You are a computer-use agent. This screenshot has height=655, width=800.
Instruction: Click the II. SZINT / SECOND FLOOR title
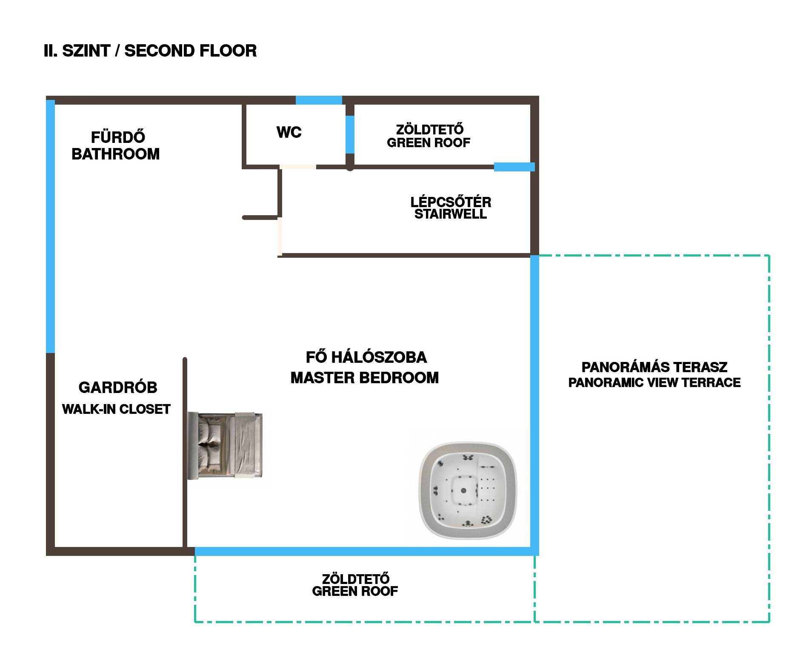(150, 51)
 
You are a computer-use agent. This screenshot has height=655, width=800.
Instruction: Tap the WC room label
(289, 132)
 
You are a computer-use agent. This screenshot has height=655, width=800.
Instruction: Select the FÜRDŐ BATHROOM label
(116, 145)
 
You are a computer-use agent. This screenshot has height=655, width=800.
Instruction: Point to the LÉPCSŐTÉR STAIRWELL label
(451, 208)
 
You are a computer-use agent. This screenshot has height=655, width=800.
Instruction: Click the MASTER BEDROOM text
(365, 378)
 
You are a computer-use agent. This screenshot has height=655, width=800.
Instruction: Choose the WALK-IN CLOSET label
(116, 409)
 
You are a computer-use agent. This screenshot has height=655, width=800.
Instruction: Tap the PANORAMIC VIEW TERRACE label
(654, 382)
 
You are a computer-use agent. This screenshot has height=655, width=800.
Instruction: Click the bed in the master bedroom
(226, 445)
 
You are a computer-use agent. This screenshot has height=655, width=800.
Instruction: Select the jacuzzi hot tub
(468, 491)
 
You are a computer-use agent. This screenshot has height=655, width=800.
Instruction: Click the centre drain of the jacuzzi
(464, 490)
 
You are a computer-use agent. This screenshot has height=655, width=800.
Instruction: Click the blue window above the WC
(319, 100)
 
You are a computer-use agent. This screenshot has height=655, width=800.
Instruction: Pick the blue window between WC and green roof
(350, 134)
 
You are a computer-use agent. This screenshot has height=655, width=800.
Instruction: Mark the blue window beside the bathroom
(50, 226)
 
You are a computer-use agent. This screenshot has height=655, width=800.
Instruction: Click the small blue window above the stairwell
(514, 167)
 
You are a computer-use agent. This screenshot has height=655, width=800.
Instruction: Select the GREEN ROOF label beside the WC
(429, 136)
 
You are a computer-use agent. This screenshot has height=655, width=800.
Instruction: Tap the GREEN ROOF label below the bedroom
(355, 585)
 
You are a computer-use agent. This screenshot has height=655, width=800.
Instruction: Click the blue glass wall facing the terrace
(534, 404)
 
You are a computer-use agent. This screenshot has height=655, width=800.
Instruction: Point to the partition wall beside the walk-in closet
(185, 453)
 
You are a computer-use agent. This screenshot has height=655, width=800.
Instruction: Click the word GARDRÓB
(118, 387)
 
